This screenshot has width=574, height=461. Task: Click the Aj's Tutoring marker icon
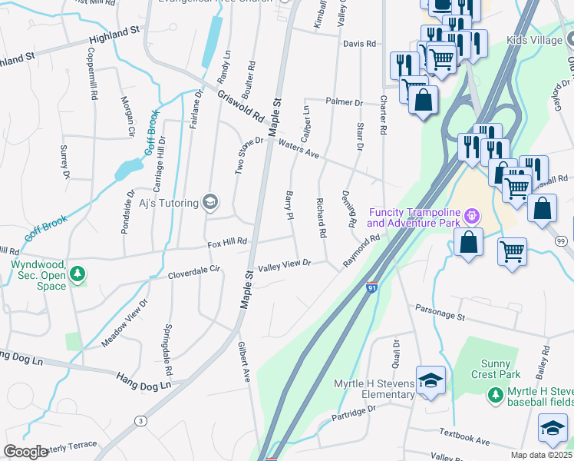point(210,203)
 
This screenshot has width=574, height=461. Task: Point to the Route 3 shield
point(140,420)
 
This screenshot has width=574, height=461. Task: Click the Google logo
point(25,452)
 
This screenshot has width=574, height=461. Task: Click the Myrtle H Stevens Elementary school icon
point(430,382)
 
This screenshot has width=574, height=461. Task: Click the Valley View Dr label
point(284,264)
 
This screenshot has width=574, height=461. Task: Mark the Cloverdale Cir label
point(194,271)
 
